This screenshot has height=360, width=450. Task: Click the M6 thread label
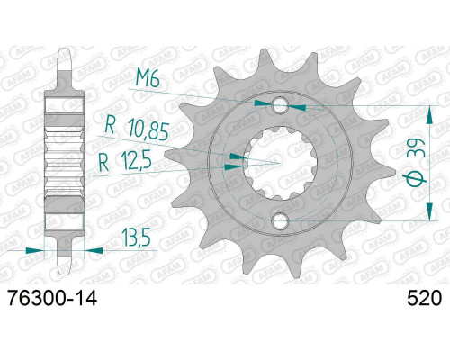click(x=148, y=79)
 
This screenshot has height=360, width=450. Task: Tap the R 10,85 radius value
click(x=137, y=130)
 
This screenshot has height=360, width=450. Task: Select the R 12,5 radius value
click(x=125, y=162)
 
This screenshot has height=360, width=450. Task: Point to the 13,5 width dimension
click(x=136, y=237)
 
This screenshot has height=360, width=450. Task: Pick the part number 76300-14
click(x=52, y=299)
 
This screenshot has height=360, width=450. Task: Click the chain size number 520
click(x=424, y=299)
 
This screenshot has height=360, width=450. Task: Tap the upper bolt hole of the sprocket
click(x=280, y=104)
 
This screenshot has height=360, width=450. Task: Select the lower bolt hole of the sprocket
click(x=280, y=221)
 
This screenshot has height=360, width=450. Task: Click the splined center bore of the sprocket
click(x=280, y=163)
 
